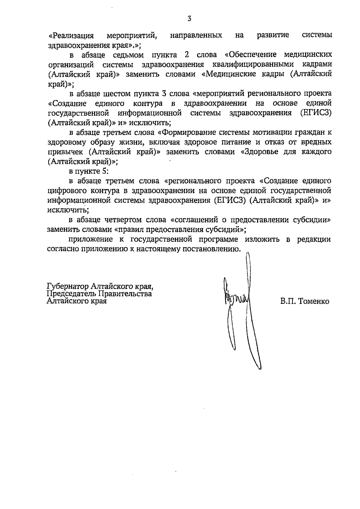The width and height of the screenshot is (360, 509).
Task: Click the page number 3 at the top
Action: tap(189, 19)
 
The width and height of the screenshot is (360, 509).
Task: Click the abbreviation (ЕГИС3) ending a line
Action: tap(316, 113)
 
